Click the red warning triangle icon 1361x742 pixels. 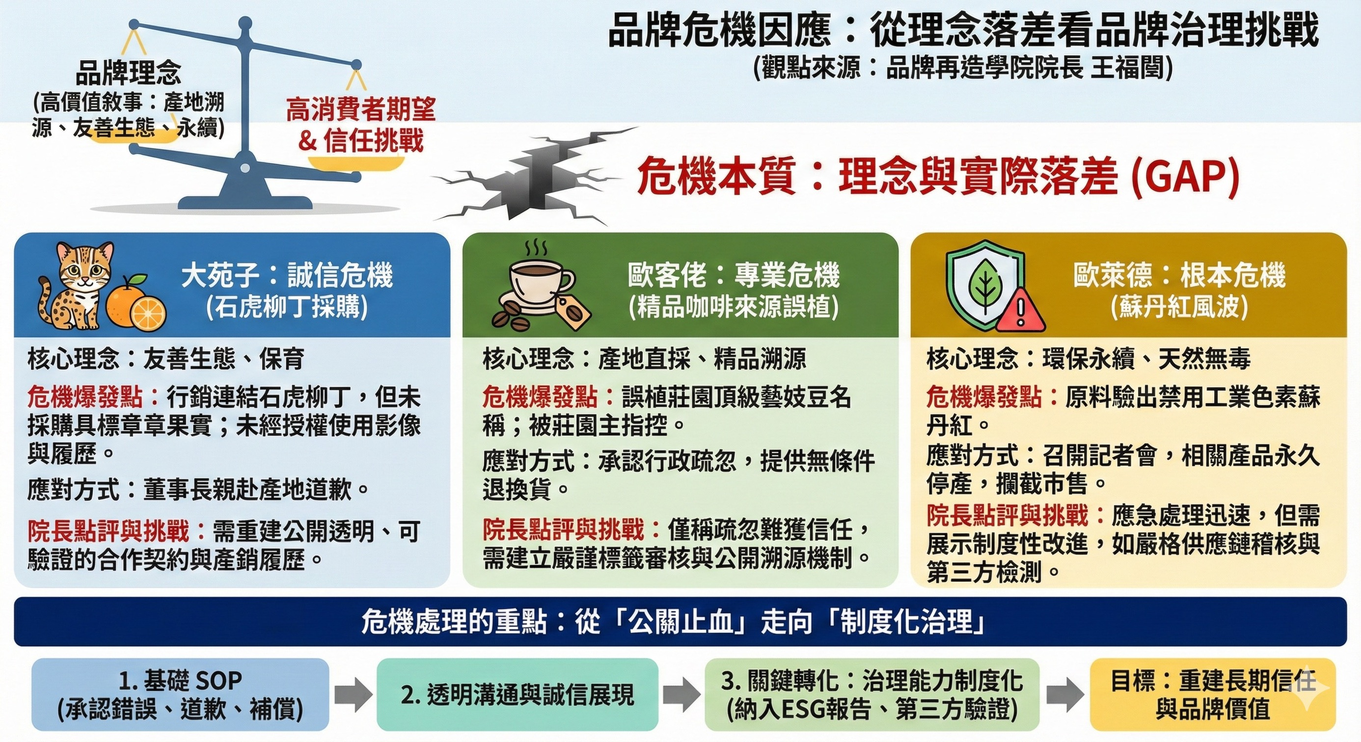(1020, 312)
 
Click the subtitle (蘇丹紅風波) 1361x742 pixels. (1179, 306)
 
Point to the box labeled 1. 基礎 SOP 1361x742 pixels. (180, 694)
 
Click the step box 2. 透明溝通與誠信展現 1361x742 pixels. (517, 694)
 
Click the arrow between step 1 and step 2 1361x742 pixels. (354, 694)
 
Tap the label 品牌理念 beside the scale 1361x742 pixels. (128, 73)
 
